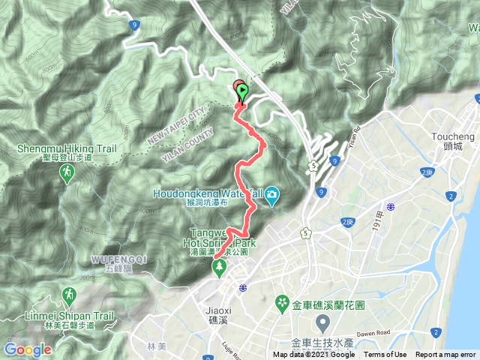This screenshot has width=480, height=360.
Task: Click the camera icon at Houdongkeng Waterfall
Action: click(271, 196)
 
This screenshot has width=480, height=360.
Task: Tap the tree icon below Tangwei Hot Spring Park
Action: click(219, 269)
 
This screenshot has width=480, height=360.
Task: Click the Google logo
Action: click(28, 349)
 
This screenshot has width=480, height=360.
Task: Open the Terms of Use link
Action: click(385, 355)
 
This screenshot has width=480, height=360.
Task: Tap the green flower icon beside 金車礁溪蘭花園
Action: click(283, 303)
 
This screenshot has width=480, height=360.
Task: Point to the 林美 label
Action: click(156, 346)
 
